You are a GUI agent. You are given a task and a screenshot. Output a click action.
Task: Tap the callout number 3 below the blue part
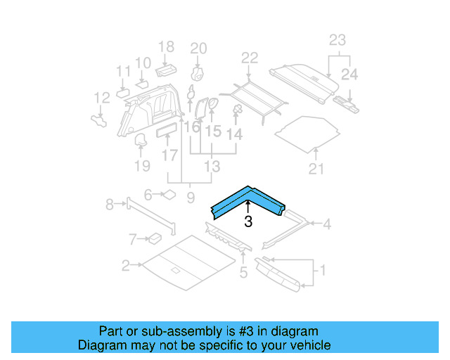coord(247,223)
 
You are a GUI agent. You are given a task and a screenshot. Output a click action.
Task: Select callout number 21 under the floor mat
coord(317,168)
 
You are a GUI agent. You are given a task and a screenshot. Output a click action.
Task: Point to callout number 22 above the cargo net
coord(250,58)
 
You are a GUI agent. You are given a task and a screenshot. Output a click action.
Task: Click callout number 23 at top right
coord(337,40)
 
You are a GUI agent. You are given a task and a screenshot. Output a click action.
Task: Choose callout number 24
coord(349,74)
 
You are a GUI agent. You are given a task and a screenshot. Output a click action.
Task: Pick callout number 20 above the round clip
coord(199,49)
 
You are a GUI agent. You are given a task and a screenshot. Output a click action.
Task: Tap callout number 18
coord(166,47)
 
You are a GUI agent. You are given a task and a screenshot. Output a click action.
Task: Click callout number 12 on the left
coord(102,98)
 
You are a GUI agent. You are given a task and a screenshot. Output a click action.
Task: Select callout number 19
coord(142,165)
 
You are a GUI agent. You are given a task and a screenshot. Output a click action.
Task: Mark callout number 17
coord(169,154)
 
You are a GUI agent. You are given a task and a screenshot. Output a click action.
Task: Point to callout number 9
coord(190,198)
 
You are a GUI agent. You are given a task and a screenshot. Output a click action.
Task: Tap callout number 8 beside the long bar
coord(110,205)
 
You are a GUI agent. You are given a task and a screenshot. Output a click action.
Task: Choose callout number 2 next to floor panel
coord(125,266)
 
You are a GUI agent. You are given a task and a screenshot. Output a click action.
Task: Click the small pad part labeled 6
coord(169,194)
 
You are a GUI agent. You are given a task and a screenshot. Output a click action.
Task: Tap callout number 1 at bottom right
coord(322,270)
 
